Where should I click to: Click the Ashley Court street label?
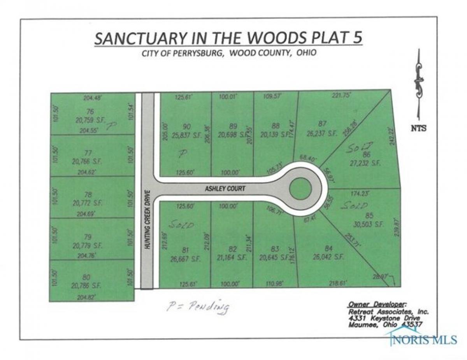coord(225,189)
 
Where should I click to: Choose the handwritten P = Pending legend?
coord(198,307)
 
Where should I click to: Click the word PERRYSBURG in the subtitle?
coord(202,53)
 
